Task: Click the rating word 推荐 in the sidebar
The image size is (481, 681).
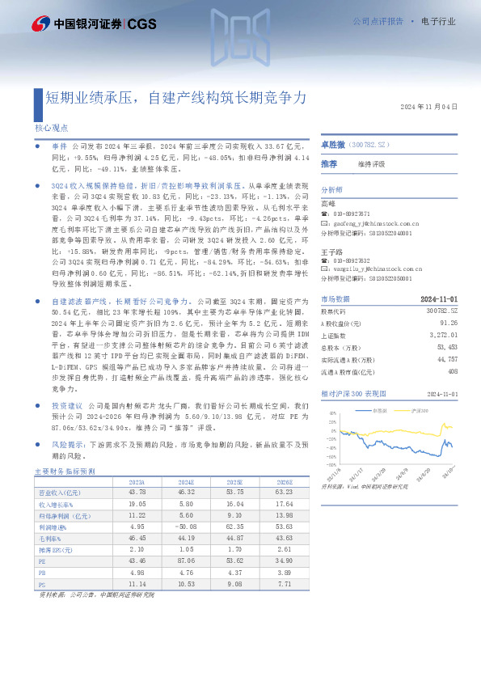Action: pyautogui.click(x=329, y=164)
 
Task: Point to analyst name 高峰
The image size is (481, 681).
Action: pyautogui.click(x=327, y=204)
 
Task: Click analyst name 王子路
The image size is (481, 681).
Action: pyautogui.click(x=330, y=251)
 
